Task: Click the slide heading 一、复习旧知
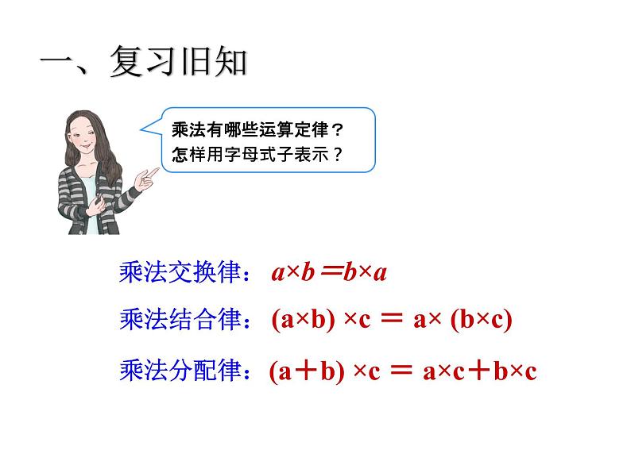(x=143, y=63)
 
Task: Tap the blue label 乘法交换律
(x=178, y=273)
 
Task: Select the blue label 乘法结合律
(x=178, y=320)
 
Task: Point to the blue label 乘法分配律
(x=178, y=370)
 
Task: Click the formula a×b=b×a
(x=328, y=274)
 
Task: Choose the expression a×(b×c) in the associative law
(x=463, y=321)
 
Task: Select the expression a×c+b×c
(x=480, y=371)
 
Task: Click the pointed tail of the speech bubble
(x=148, y=125)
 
